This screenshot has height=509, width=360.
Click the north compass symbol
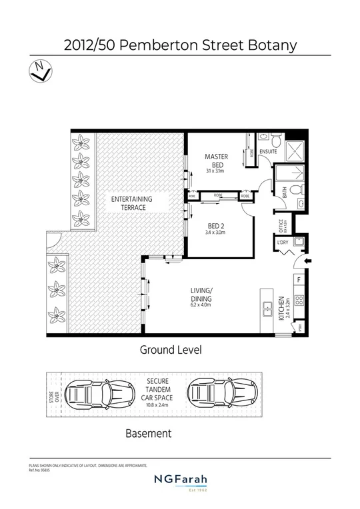pos(39,70)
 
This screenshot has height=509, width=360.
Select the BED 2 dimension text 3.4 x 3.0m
pos(217,233)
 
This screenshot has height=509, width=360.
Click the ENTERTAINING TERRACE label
pos(131,203)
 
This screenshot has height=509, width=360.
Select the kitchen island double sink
pos(267,308)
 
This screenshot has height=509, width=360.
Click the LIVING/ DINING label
pos(201,294)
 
